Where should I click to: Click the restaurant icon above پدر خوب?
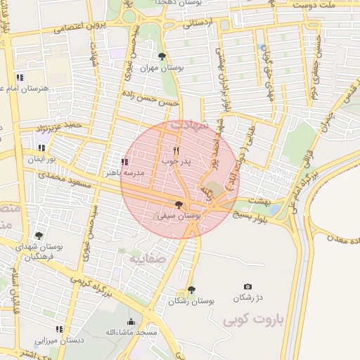click(x=176, y=150)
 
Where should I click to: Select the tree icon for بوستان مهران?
click(x=162, y=57)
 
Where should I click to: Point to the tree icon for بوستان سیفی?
click(x=179, y=205)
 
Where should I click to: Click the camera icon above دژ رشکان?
click(x=247, y=286)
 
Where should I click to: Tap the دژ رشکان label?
click(x=247, y=297)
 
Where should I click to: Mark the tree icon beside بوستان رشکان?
click(x=191, y=290)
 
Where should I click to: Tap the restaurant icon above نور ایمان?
click(x=41, y=148)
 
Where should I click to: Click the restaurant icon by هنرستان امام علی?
click(x=20, y=77)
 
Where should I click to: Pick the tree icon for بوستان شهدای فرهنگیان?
click(x=38, y=236)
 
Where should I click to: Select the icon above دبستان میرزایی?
click(x=60, y=328)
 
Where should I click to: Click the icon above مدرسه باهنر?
click(x=124, y=162)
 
